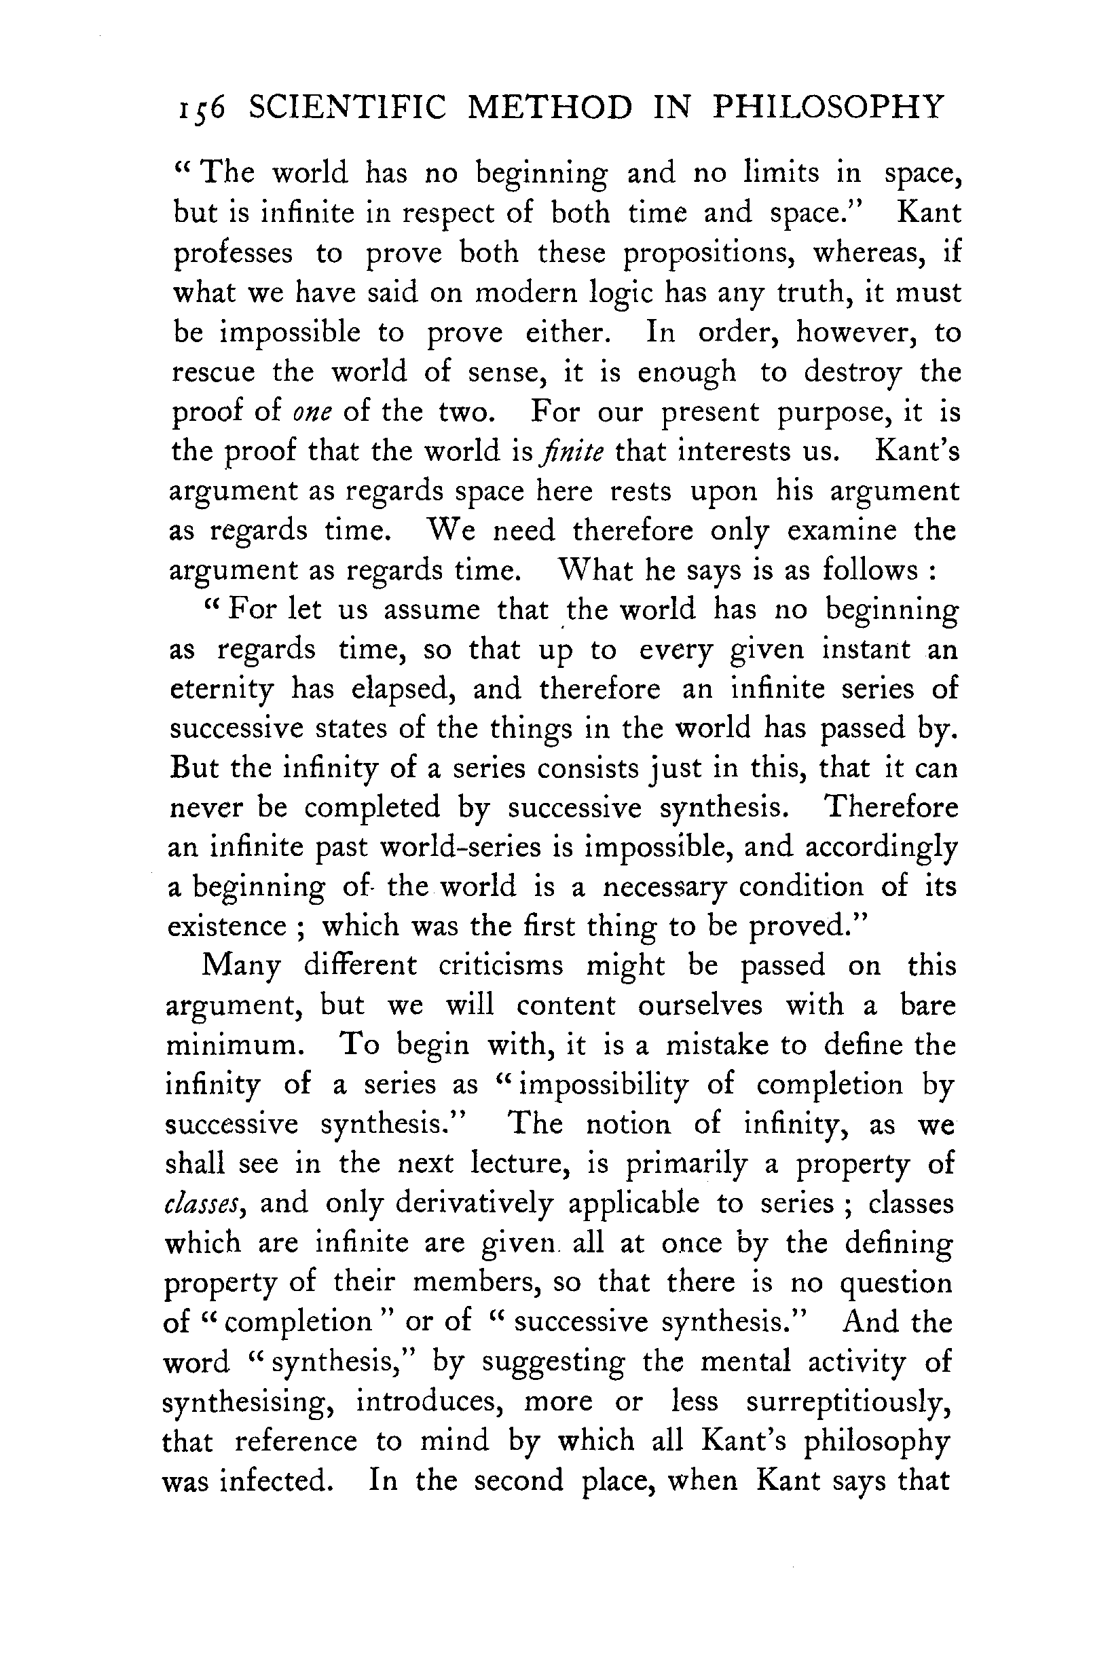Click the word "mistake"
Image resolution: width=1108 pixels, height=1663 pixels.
tap(717, 1045)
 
